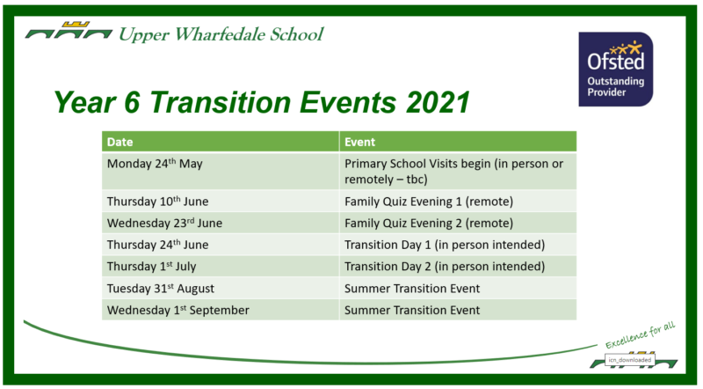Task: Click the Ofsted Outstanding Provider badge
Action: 616,70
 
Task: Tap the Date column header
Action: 221,142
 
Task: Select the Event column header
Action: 458,142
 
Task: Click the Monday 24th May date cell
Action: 221,171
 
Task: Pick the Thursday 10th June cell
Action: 221,201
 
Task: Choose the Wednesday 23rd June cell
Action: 221,223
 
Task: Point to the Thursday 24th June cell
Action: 221,245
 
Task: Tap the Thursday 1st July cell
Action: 221,266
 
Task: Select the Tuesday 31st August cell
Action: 221,288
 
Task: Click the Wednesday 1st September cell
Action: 221,310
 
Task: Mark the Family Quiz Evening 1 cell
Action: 458,201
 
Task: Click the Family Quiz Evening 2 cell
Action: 458,223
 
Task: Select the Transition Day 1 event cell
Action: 458,245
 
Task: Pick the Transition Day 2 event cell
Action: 458,266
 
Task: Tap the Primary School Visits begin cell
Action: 458,171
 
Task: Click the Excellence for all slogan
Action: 641,335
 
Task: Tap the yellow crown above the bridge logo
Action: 76,25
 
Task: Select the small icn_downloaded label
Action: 630,360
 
